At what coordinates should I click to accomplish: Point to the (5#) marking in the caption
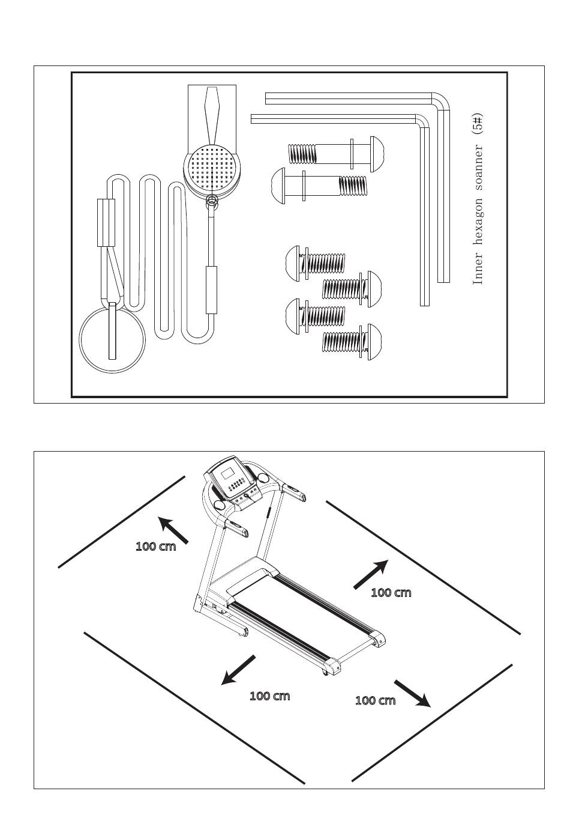pos(478,124)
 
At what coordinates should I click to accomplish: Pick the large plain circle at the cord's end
pos(112,339)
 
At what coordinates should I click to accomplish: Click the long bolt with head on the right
pos(336,154)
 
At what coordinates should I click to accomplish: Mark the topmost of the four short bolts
pos(315,264)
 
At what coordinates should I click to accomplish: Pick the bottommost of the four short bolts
pos(352,342)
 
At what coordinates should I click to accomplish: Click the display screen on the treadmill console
pos(228,474)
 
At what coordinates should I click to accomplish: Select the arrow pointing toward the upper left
pos(173,530)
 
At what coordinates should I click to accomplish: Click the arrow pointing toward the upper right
pos(371,574)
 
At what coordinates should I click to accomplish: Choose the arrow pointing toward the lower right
pos(413,694)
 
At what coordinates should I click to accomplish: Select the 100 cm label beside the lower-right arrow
pos(375,700)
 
